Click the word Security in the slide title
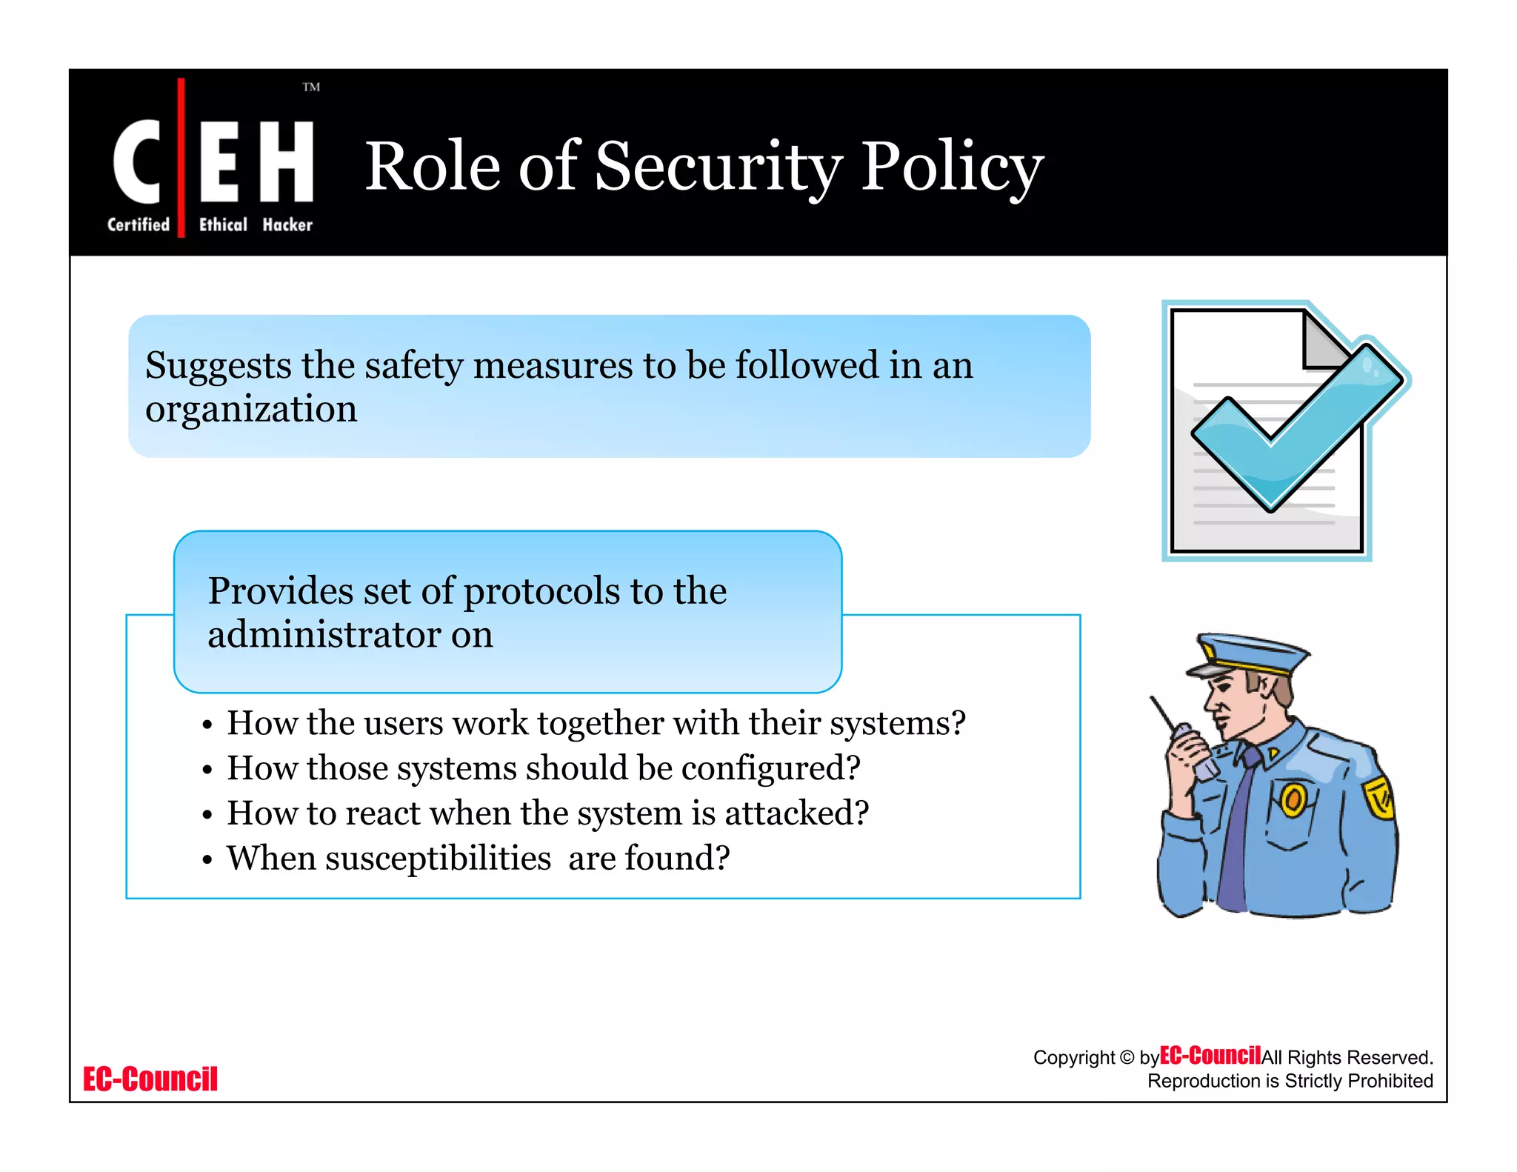coord(719,166)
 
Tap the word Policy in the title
coord(952,166)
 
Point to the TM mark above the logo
coord(311,87)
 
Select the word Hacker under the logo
coord(287,224)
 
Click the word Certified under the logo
coord(139,224)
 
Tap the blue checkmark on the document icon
coord(1296,430)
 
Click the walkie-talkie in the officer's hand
coord(1193,748)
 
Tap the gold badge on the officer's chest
coord(1293,799)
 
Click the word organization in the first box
coord(251,409)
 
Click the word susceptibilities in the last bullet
coord(389,859)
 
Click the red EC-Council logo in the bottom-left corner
coord(150,1079)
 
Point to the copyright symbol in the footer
coord(1127,1057)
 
